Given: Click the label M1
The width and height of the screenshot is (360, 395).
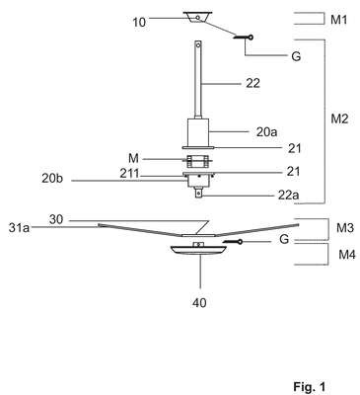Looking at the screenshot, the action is click(x=338, y=20).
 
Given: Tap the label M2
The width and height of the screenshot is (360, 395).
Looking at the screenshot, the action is click(x=339, y=118).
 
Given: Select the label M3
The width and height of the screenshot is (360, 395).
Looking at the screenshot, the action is click(x=345, y=228).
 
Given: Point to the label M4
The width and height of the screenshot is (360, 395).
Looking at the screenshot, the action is click(x=347, y=255).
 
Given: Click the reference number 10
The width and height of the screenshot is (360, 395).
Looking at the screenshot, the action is click(x=139, y=23).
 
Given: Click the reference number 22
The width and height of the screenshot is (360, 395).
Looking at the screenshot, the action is click(x=252, y=83).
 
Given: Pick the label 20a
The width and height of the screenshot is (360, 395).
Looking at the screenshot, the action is click(x=266, y=132).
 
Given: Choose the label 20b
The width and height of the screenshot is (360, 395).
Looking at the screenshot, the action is click(x=52, y=179).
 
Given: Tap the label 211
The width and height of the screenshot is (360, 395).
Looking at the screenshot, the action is click(x=129, y=173).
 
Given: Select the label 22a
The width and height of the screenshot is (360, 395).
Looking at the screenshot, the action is click(x=289, y=196).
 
